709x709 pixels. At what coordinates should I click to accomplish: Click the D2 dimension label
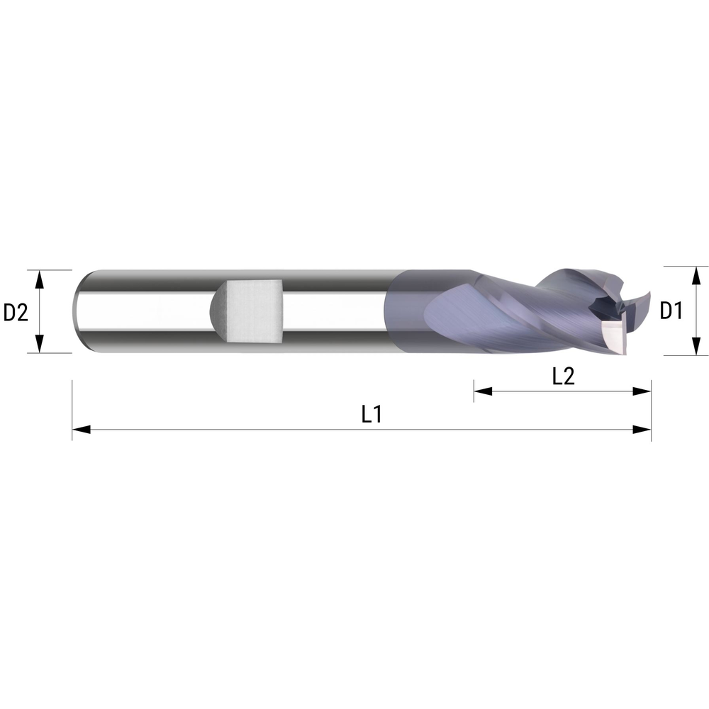16,312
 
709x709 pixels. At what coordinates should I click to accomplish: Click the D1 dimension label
671,311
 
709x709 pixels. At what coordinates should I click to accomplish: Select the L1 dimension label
372,414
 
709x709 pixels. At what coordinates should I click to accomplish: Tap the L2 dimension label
563,376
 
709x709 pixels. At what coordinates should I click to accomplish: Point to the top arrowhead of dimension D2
40,277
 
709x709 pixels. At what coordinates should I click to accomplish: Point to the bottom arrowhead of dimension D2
40,345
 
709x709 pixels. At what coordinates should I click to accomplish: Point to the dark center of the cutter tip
604,307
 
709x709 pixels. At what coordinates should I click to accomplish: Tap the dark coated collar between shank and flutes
408,312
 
